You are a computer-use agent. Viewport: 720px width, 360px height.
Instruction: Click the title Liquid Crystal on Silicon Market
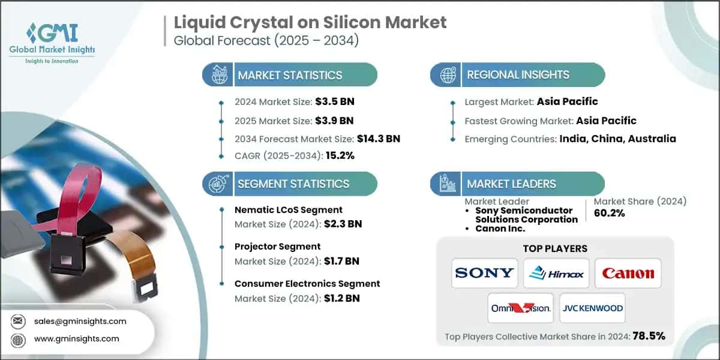pos(310,23)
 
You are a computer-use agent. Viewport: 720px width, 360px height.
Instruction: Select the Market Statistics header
pos(290,75)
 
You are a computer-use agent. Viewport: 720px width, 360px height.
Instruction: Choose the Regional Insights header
pos(518,75)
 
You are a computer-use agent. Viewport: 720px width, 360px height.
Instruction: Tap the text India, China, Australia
pos(617,139)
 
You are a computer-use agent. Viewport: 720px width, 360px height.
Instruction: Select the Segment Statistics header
pos(293,184)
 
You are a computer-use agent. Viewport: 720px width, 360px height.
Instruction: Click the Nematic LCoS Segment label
pos(289,209)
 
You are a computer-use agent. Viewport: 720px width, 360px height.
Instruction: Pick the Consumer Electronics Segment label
pos(307,283)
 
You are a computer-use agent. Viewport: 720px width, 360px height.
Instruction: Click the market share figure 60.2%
pos(609,213)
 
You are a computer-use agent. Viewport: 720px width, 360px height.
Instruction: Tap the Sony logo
pos(485,273)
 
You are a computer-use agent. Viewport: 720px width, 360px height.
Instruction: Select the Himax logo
pos(556,273)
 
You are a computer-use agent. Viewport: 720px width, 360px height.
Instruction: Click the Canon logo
pos(628,273)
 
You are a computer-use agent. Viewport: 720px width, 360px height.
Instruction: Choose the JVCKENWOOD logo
pos(592,308)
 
